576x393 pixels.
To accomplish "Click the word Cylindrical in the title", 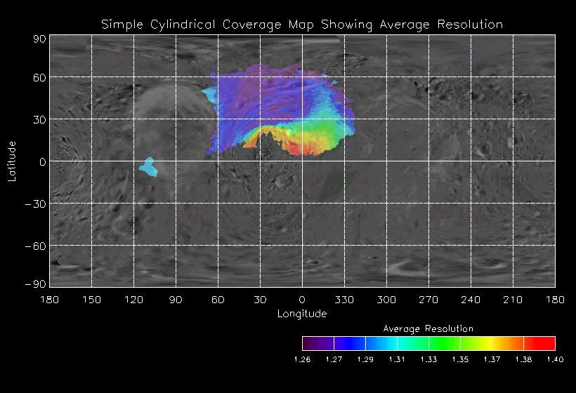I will coord(183,25).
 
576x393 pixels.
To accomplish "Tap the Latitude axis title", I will coord(11,161).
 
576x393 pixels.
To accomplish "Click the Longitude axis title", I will coord(302,314).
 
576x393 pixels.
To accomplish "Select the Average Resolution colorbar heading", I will coord(428,328).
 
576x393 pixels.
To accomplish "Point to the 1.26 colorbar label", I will coord(302,359).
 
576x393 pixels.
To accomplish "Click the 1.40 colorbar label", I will coord(555,359).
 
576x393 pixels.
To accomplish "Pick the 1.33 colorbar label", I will coord(428,359).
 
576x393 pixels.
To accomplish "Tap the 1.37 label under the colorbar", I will coord(492,359).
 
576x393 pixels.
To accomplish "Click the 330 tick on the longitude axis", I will coord(344,300).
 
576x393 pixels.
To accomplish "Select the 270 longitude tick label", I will coord(428,300).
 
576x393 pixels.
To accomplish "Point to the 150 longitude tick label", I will coord(91,300).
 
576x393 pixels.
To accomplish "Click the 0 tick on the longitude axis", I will coord(302,300).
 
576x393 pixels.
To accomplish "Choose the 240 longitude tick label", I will coord(471,300).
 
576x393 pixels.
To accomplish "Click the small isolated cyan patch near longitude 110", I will coord(148,167).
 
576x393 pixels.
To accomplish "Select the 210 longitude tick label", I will coord(513,300).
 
